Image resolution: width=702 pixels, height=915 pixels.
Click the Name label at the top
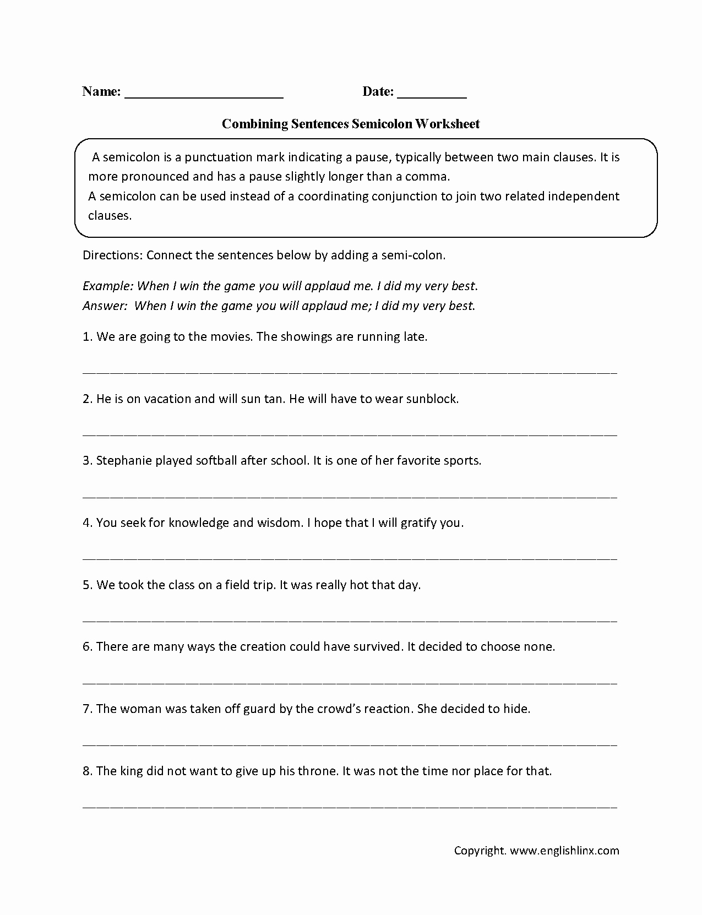coord(101,92)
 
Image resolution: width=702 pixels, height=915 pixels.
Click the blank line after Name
coord(204,95)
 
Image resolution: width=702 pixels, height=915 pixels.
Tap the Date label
coord(378,92)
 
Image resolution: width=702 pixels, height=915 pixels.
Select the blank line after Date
coord(432,95)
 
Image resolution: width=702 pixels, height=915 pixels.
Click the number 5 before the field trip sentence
coord(86,585)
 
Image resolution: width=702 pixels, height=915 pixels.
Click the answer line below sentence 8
coord(350,805)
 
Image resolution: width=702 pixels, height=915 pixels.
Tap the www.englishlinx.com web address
coord(564,851)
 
